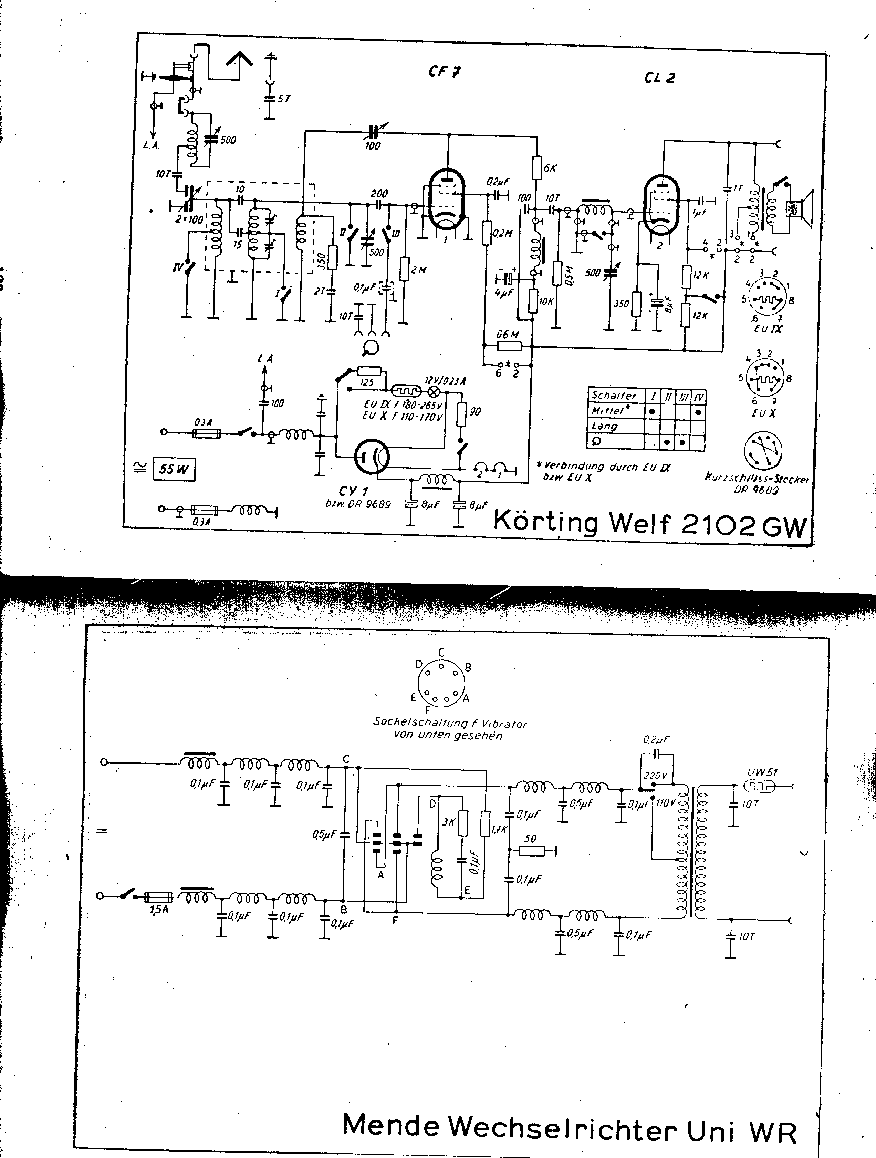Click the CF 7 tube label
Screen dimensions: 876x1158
click(x=444, y=71)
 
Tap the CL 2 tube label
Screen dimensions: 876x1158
click(x=659, y=78)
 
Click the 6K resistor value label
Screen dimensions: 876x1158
click(x=551, y=168)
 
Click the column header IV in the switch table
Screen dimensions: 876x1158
click(x=698, y=397)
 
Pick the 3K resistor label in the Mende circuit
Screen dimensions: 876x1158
click(x=448, y=822)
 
